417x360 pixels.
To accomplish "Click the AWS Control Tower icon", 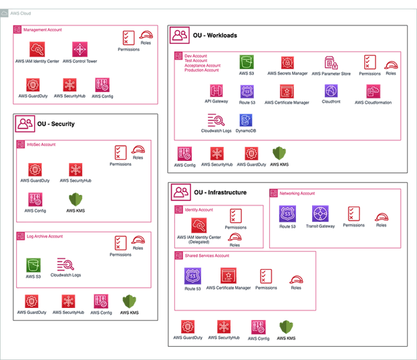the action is (80, 49).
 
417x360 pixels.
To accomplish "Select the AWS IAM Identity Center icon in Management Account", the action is (37, 49).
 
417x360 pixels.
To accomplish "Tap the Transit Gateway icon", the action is (320, 214).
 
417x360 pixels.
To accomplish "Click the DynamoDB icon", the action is (246, 120).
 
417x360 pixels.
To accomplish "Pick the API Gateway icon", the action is (217, 91).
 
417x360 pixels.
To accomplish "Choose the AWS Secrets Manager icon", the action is (287, 63).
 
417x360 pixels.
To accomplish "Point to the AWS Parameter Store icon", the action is (331, 63).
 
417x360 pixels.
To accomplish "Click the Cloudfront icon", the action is (331, 91).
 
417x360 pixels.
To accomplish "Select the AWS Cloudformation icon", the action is (373, 92).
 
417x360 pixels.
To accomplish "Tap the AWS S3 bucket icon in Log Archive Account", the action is (33, 265).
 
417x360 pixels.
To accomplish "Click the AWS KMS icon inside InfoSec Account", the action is (76, 200).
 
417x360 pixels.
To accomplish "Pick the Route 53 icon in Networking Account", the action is (287, 214).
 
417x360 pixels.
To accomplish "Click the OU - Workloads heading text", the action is (215, 35).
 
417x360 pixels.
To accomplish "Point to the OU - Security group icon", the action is (25, 124).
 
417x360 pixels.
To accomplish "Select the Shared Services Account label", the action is (207, 256).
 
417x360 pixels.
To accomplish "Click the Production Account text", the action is (202, 70).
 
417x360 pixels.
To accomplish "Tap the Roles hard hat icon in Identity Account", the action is (235, 237).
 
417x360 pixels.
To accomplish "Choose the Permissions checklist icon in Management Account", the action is (128, 38).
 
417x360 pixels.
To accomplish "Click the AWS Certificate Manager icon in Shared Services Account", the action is (229, 275).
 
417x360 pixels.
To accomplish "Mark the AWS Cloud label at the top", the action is (21, 13).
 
